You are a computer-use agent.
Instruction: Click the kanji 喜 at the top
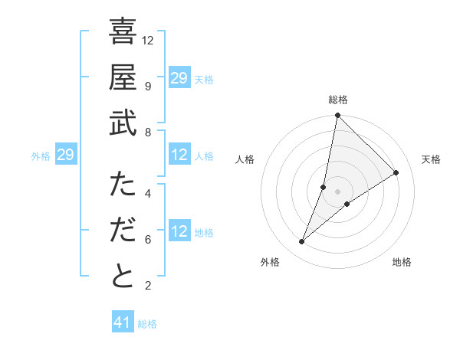(123, 33)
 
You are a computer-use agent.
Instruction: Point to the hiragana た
(123, 185)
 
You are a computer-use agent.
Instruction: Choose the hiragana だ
(123, 231)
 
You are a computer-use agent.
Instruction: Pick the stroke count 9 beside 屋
(148, 86)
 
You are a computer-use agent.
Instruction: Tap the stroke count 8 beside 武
(148, 132)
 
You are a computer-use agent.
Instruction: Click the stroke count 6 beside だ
(148, 239)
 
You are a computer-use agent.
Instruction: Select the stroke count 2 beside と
(148, 286)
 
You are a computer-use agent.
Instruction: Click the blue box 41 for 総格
(123, 322)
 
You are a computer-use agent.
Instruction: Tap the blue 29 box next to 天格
(179, 78)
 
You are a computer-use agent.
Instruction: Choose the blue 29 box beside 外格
(65, 155)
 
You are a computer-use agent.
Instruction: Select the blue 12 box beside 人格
(179, 155)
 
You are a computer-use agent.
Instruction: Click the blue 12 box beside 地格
(179, 232)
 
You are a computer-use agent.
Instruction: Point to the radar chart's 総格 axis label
(337, 100)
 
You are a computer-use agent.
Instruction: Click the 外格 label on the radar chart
(270, 262)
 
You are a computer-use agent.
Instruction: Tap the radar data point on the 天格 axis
(396, 173)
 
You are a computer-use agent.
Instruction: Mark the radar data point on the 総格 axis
(337, 116)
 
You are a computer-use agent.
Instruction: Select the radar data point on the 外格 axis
(302, 242)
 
